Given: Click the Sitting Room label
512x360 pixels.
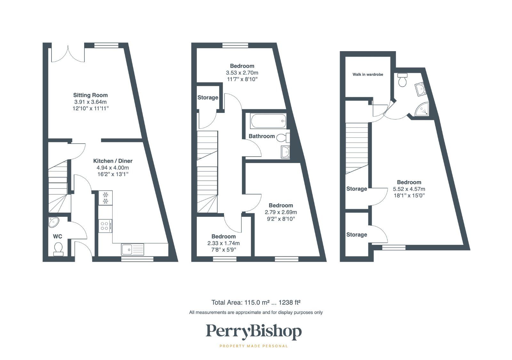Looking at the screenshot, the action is point(90,95).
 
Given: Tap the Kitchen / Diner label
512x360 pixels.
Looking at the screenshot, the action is point(113,161).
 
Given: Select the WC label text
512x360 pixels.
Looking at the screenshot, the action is point(57,236).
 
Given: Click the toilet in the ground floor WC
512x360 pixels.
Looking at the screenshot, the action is point(58,249).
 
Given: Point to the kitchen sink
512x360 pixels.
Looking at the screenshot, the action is point(132,249).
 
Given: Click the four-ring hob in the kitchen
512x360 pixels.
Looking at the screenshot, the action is point(105,226).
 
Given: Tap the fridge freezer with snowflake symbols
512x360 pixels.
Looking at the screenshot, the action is point(105,198).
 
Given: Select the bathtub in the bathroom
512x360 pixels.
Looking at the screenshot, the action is point(268,121).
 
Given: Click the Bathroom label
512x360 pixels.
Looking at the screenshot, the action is point(261,136).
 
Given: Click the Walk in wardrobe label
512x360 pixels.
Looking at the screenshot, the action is point(368,74).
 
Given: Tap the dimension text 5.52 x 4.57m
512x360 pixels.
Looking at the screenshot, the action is point(409,189).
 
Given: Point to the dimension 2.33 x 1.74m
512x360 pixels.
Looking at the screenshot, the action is point(223,243).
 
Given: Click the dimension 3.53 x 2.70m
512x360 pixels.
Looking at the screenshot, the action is point(242,73).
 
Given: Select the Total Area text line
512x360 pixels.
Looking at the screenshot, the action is point(256,302).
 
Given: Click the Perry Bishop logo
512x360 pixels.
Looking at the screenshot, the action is point(254,332).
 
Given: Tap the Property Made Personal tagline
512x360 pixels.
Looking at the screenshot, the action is point(254,346).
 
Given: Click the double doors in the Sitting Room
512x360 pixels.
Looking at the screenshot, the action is point(68,54).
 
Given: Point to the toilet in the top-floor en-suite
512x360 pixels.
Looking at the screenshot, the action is point(402,80).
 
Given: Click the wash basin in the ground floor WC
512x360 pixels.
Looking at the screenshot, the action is point(54,222).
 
